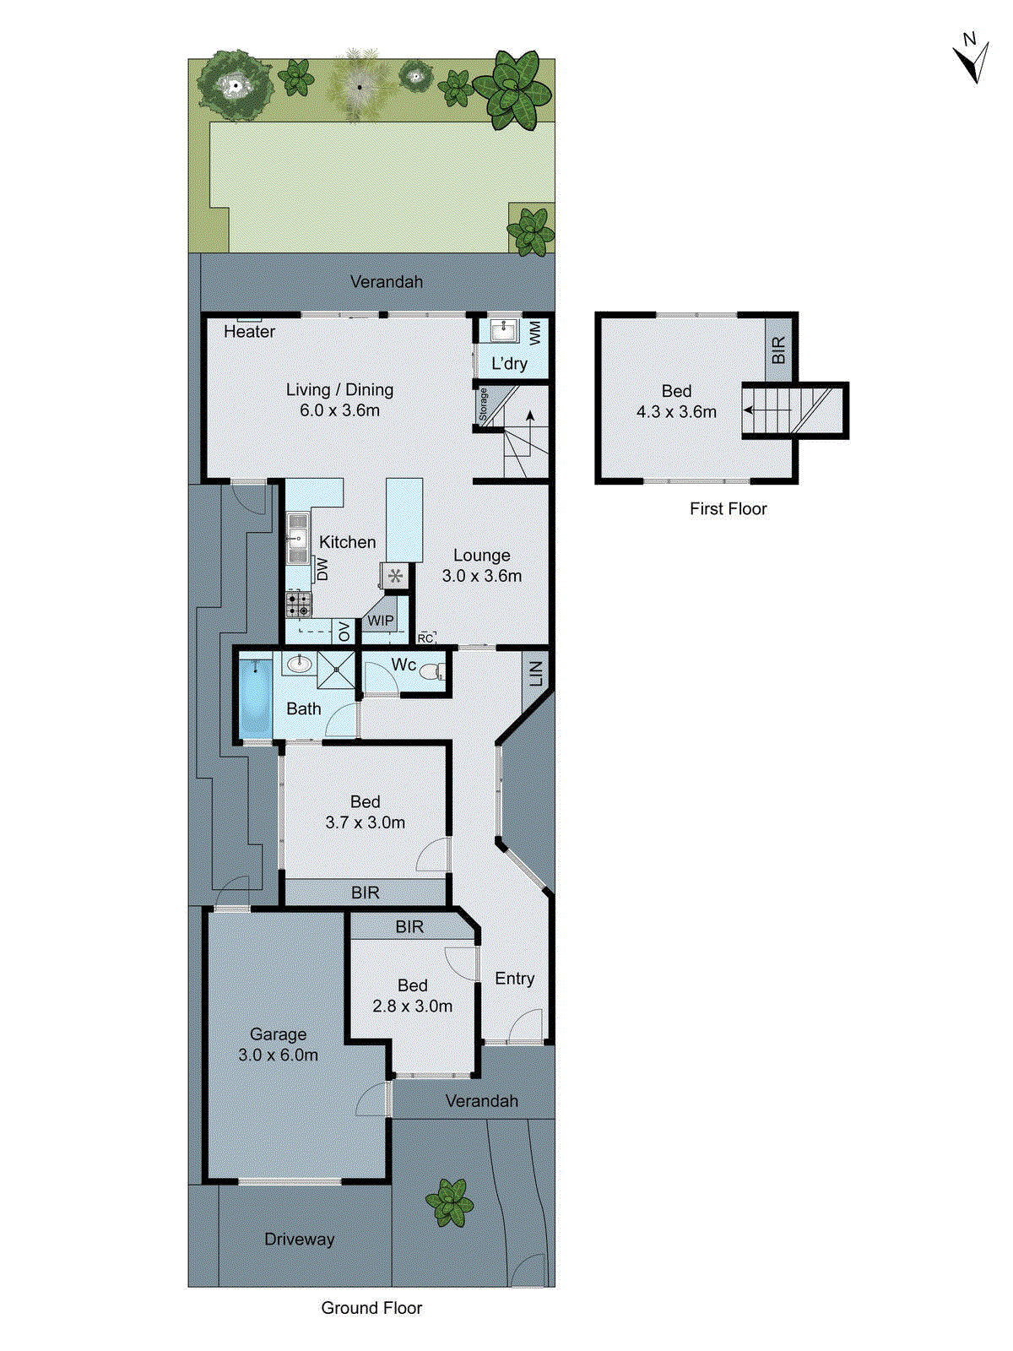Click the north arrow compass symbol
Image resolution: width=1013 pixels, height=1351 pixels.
tap(972, 59)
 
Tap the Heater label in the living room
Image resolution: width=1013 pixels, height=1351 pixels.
tap(249, 332)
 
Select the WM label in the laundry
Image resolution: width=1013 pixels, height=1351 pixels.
tap(535, 332)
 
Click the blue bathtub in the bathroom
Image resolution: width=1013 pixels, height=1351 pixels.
tap(253, 697)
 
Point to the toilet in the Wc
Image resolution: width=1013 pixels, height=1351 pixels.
tap(431, 672)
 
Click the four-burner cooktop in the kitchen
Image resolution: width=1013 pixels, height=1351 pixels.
tap(298, 605)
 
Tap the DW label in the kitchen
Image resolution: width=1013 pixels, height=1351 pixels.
tap(322, 569)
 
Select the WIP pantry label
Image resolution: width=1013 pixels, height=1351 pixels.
tap(380, 621)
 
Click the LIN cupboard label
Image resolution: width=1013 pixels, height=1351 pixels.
tap(536, 673)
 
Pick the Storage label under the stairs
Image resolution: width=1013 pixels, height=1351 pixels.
tap(483, 405)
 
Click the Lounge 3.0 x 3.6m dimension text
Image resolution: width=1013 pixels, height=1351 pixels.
tap(481, 576)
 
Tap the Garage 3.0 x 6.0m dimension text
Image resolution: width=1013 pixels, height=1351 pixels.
tap(278, 1055)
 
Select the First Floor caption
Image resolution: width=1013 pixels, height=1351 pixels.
tap(728, 508)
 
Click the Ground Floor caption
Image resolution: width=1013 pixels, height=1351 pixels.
tap(371, 1308)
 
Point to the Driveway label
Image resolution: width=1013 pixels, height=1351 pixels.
tap(299, 1239)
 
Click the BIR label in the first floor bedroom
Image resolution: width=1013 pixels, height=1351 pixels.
tap(778, 350)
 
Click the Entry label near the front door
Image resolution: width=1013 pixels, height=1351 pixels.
tap(514, 978)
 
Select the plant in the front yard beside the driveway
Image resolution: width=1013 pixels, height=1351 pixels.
tap(449, 1202)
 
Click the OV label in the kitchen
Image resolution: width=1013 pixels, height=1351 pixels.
tap(344, 631)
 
